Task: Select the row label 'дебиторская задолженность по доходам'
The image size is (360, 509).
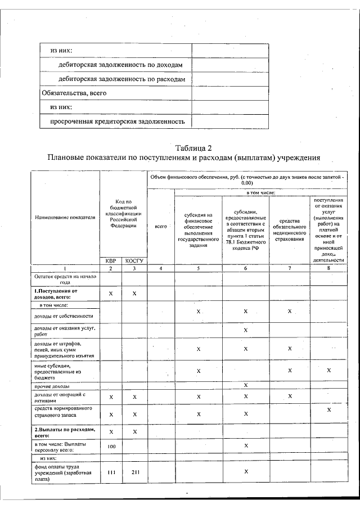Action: point(120,65)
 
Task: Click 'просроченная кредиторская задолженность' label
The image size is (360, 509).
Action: point(118,120)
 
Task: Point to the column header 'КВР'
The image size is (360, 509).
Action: point(111,260)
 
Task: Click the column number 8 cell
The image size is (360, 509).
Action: point(328,268)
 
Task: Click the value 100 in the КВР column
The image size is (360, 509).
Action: point(111,445)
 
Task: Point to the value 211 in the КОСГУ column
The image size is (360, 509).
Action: point(134,472)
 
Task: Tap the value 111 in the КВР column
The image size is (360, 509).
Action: point(111,472)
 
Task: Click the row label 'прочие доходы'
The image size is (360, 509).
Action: point(52,386)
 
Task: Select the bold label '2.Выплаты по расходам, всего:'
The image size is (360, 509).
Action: point(65,431)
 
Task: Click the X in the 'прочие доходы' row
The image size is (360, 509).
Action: point(246,385)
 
